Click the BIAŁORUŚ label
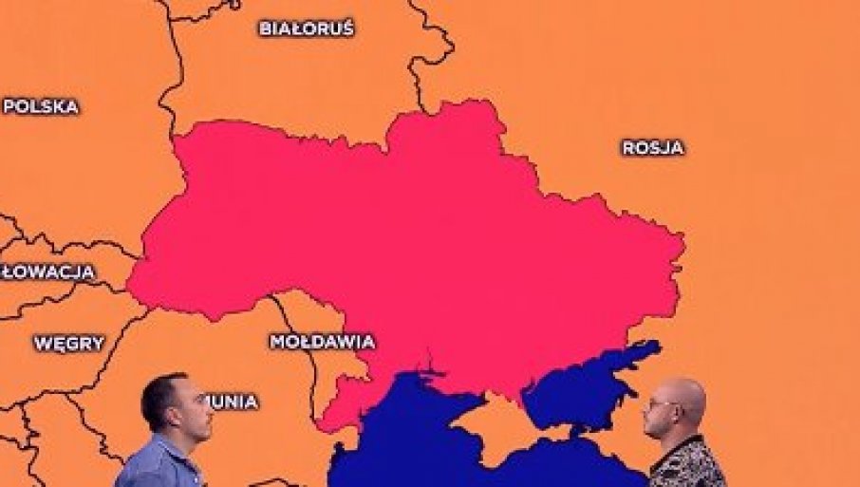[x=306, y=28]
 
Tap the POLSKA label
[x=41, y=106]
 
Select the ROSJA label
[x=653, y=148]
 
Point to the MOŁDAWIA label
[x=322, y=342]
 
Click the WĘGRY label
[x=68, y=344]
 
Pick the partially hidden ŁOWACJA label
[x=48, y=272]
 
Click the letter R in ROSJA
[x=628, y=148]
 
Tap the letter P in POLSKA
[x=9, y=106]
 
